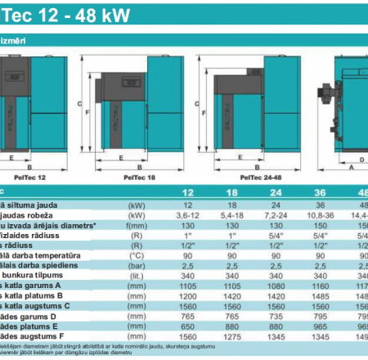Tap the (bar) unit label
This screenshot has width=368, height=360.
[x=136, y=267]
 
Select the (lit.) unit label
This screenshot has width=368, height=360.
[x=136, y=277]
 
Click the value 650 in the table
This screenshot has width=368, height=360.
[x=188, y=325]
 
